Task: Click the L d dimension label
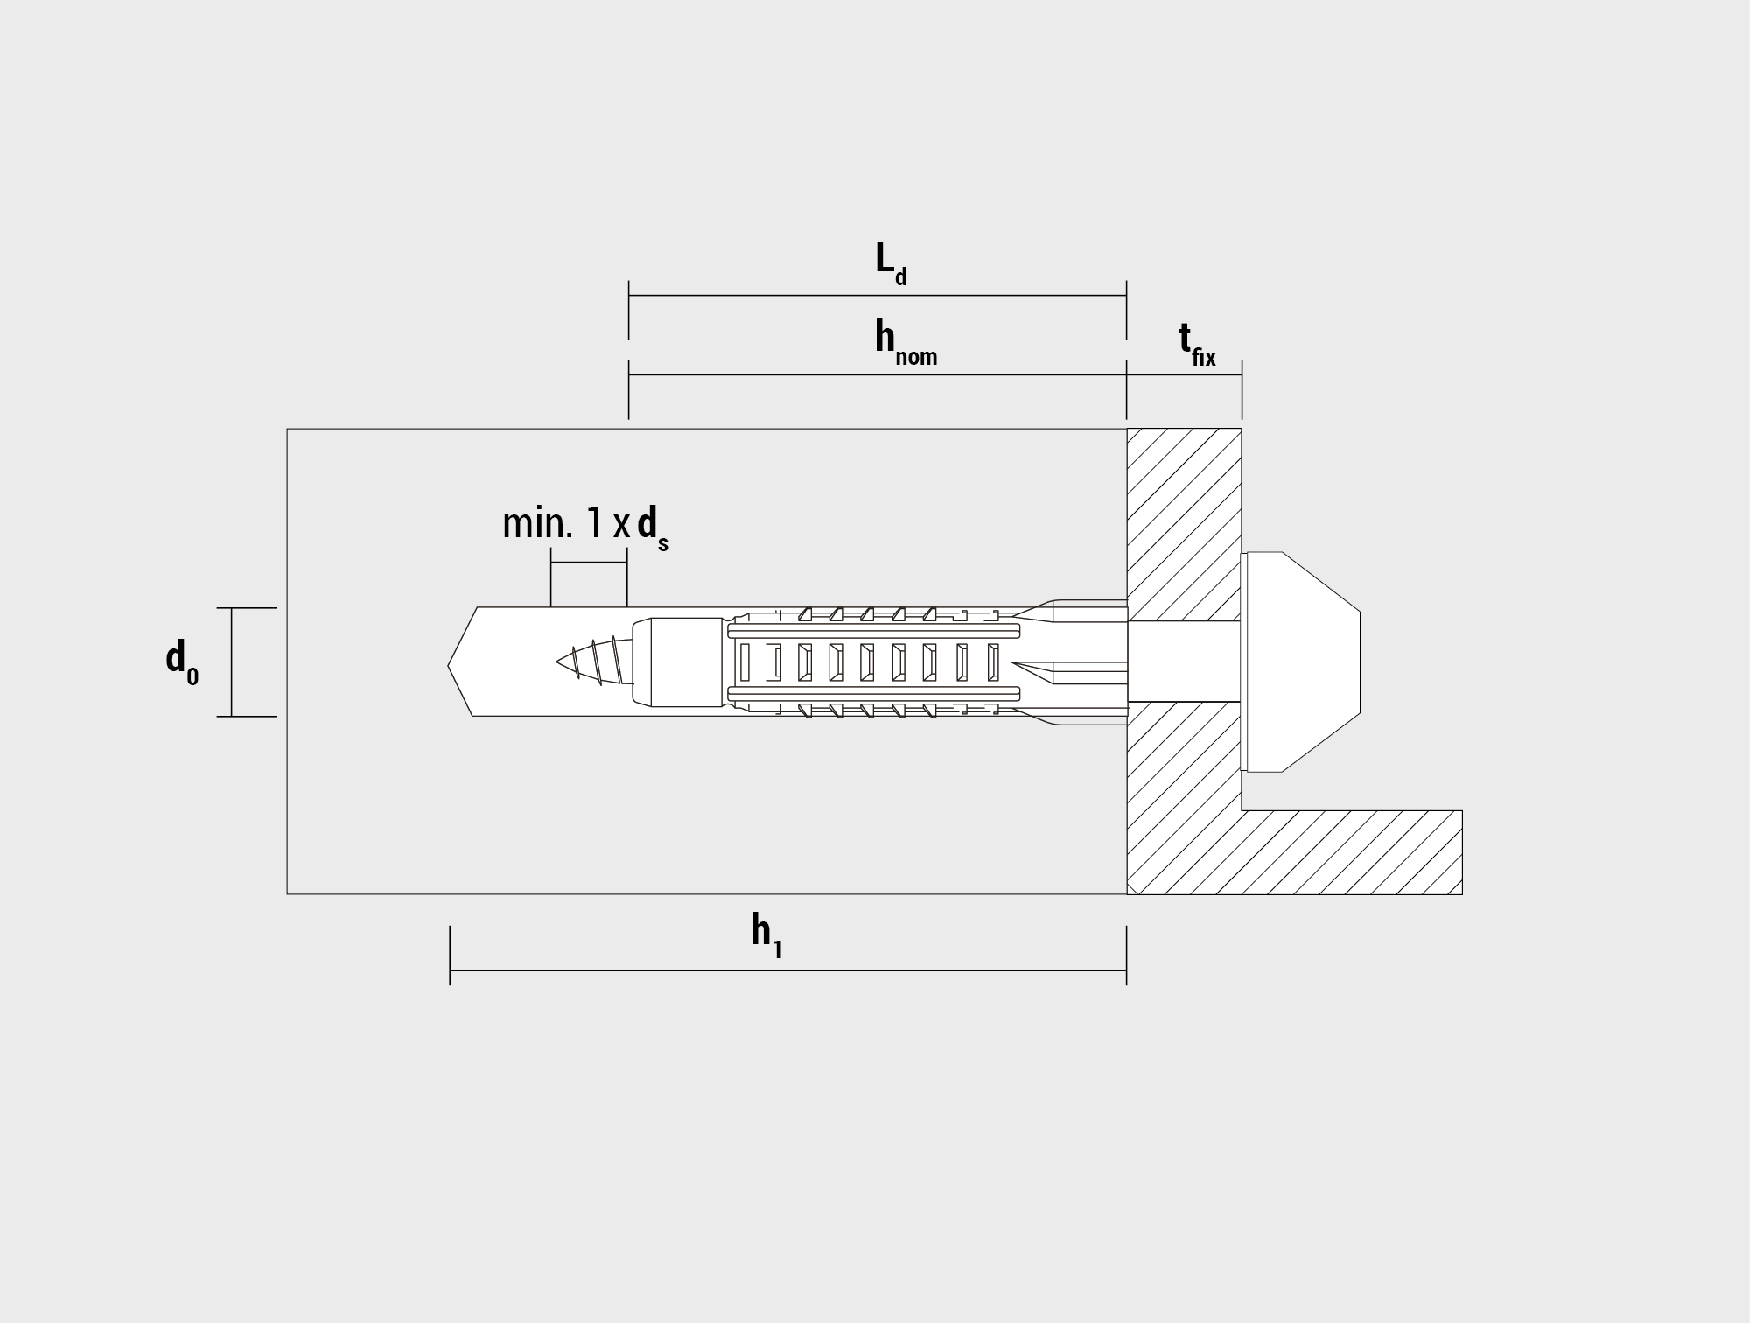pyautogui.click(x=891, y=262)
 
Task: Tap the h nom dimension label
pyautogui.click(x=906, y=342)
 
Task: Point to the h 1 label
pyautogui.click(x=766, y=936)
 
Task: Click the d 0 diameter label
pyautogui.click(x=182, y=661)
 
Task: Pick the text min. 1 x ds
pyautogui.click(x=585, y=528)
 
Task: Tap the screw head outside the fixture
pyautogui.click(x=1303, y=661)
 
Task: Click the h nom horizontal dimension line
pyautogui.click(x=878, y=374)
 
